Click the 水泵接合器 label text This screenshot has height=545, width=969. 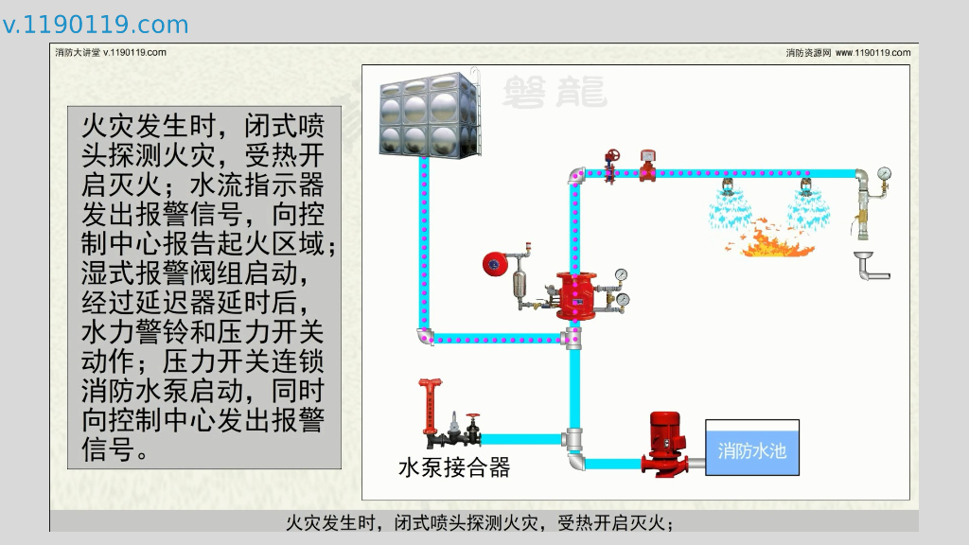(454, 467)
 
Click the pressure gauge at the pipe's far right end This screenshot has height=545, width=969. (884, 174)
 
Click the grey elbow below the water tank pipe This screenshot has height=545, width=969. (425, 336)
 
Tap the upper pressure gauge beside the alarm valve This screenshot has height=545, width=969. (621, 275)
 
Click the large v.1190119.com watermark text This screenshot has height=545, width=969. (96, 25)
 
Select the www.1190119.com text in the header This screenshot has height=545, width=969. (872, 53)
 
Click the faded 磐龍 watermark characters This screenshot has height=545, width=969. (554, 91)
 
